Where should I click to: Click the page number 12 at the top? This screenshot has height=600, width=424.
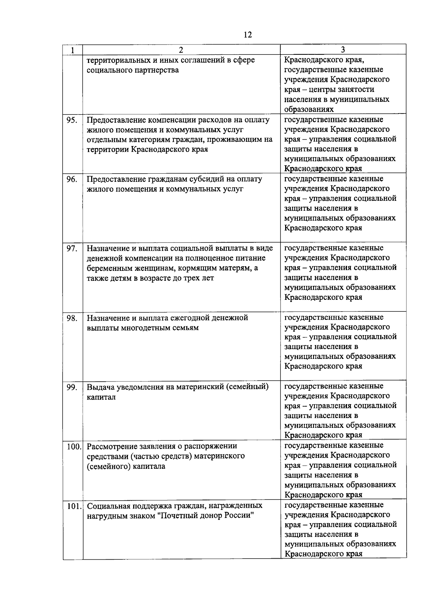click(247, 35)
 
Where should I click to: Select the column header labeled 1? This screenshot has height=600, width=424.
click(72, 50)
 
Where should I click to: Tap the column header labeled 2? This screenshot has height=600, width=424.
click(181, 50)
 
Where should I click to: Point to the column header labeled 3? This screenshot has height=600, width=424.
click(343, 50)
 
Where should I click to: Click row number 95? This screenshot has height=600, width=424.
click(72, 120)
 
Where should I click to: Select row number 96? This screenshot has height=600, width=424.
click(72, 179)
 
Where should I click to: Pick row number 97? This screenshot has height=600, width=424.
click(72, 249)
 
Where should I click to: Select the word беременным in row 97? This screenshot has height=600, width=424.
click(108, 268)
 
